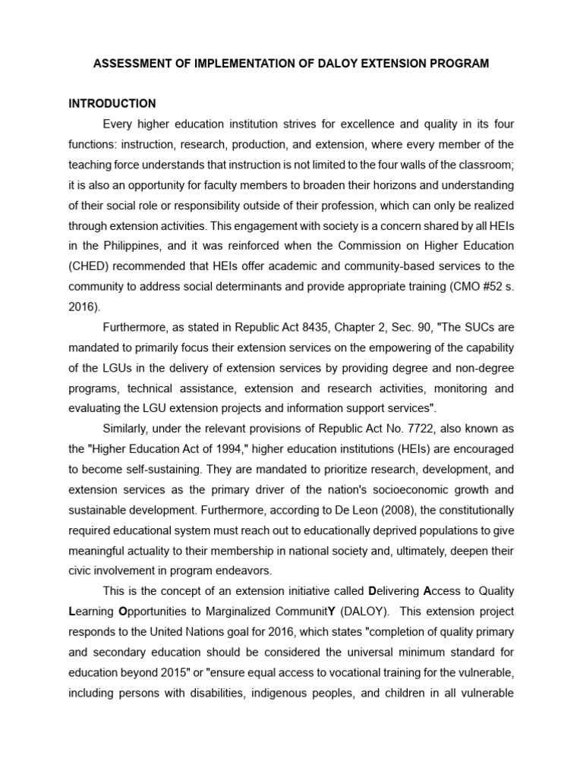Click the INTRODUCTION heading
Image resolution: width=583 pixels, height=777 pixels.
[112, 104]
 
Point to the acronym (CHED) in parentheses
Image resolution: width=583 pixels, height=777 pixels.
[87, 266]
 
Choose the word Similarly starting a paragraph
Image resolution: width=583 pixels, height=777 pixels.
[125, 429]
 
